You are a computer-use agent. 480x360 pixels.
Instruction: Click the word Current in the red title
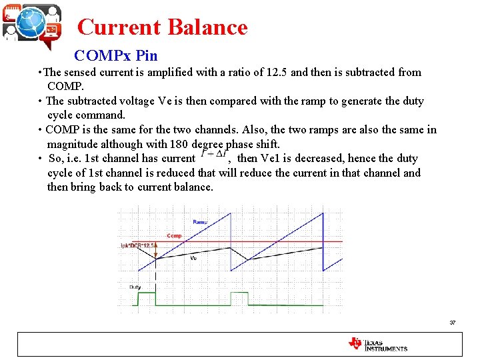pos(116,27)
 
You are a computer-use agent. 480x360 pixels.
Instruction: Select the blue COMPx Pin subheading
pos(115,55)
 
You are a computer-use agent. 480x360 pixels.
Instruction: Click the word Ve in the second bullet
pos(165,101)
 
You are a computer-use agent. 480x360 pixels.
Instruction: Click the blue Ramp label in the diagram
pos(199,222)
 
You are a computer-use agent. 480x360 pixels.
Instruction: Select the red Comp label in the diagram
pos(175,235)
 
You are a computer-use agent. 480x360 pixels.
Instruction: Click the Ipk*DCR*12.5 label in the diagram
pos(138,246)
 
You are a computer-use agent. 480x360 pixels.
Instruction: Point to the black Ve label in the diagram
pos(193,257)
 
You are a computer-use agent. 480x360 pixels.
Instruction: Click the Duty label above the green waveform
pos(135,287)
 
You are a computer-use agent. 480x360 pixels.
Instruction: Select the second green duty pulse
pos(239,299)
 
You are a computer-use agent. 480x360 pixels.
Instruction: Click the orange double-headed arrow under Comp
pos(155,250)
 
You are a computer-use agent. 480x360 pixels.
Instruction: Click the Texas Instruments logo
pos(377,344)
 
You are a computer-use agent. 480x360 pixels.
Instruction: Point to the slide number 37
pos(453,323)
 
